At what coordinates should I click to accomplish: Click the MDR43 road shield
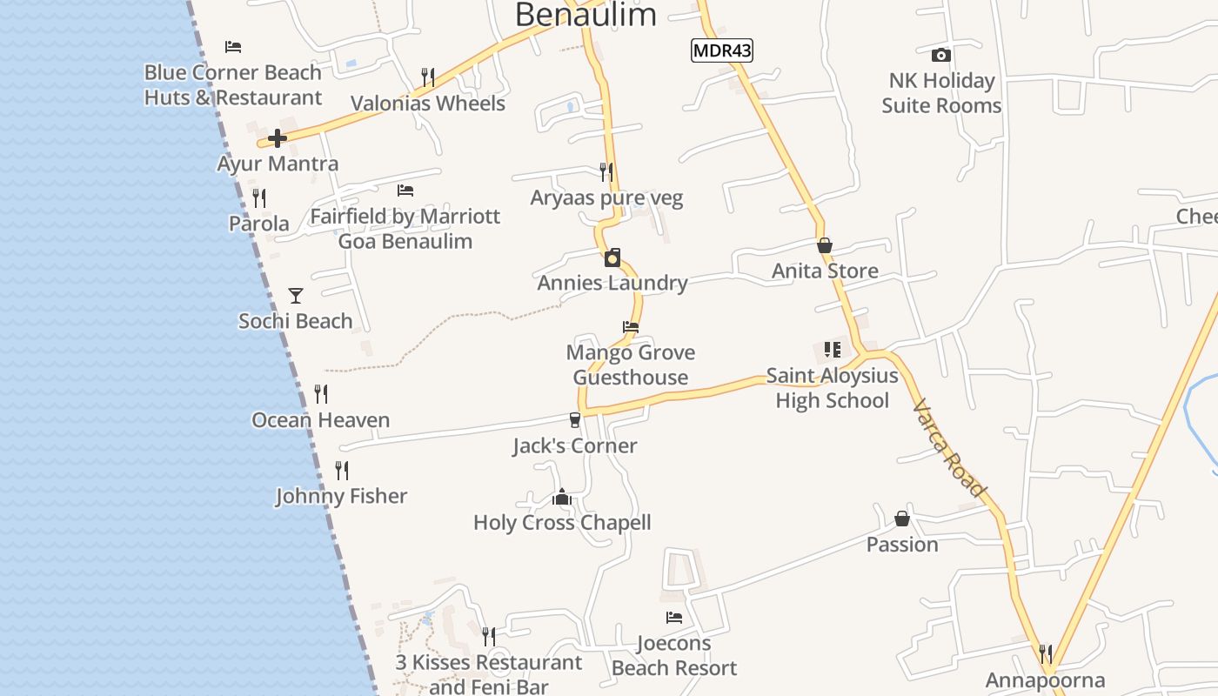pyautogui.click(x=722, y=50)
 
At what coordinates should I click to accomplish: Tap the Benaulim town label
pyautogui.click(x=586, y=15)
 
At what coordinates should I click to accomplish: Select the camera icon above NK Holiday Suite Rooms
pyautogui.click(x=940, y=56)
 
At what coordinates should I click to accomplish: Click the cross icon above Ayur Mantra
pyautogui.click(x=278, y=138)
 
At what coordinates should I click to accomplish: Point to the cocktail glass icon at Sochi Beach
pyautogui.click(x=296, y=296)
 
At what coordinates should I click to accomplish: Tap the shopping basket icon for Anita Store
pyautogui.click(x=825, y=246)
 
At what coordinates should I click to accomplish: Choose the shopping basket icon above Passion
pyautogui.click(x=902, y=519)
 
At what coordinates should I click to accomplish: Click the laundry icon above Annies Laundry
pyautogui.click(x=613, y=258)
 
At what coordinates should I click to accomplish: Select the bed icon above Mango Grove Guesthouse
pyautogui.click(x=631, y=328)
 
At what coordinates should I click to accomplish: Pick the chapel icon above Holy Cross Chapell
pyautogui.click(x=562, y=498)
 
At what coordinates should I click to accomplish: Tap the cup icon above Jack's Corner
pyautogui.click(x=574, y=420)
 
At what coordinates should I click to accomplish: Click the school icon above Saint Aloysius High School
pyautogui.click(x=833, y=350)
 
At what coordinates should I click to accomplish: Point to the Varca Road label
pyautogui.click(x=951, y=448)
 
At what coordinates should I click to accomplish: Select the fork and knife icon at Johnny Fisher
pyautogui.click(x=342, y=471)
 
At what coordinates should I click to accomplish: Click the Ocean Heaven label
pyautogui.click(x=321, y=420)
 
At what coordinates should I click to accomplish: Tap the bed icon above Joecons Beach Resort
pyautogui.click(x=674, y=618)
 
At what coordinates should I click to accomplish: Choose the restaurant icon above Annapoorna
pyautogui.click(x=1046, y=653)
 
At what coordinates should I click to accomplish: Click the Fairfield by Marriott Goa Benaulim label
pyautogui.click(x=405, y=228)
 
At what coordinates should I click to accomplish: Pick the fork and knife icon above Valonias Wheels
pyautogui.click(x=427, y=77)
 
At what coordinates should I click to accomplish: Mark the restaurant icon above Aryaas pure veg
pyautogui.click(x=606, y=172)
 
